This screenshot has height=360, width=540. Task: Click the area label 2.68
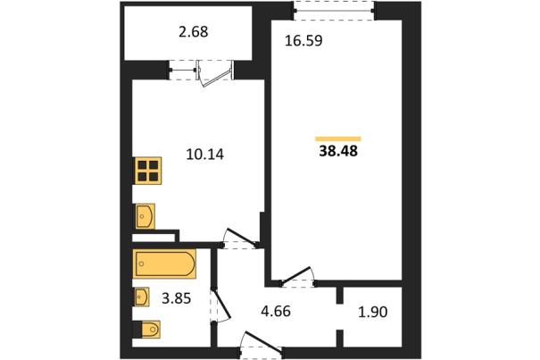(194, 32)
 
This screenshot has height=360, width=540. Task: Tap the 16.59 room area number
(303, 40)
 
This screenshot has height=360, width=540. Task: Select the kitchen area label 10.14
(205, 155)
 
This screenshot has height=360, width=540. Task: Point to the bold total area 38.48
(338, 151)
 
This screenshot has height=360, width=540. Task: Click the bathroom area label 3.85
(177, 298)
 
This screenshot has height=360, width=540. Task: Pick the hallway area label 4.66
(276, 312)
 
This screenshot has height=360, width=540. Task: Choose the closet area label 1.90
(372, 312)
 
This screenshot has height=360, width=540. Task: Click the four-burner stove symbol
(148, 171)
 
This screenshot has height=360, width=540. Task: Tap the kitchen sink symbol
(145, 216)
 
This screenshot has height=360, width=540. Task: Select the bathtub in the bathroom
(164, 264)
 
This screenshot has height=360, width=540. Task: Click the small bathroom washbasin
(142, 297)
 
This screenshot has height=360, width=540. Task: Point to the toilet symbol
(147, 330)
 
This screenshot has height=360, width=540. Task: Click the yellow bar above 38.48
(338, 139)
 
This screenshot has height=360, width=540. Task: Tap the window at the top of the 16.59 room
(334, 11)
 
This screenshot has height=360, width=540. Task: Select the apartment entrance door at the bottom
(262, 345)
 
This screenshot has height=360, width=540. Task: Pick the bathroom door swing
(220, 305)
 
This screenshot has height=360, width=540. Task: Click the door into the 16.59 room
(298, 277)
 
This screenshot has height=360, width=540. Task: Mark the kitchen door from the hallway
(240, 238)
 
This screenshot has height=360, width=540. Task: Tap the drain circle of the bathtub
(141, 264)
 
